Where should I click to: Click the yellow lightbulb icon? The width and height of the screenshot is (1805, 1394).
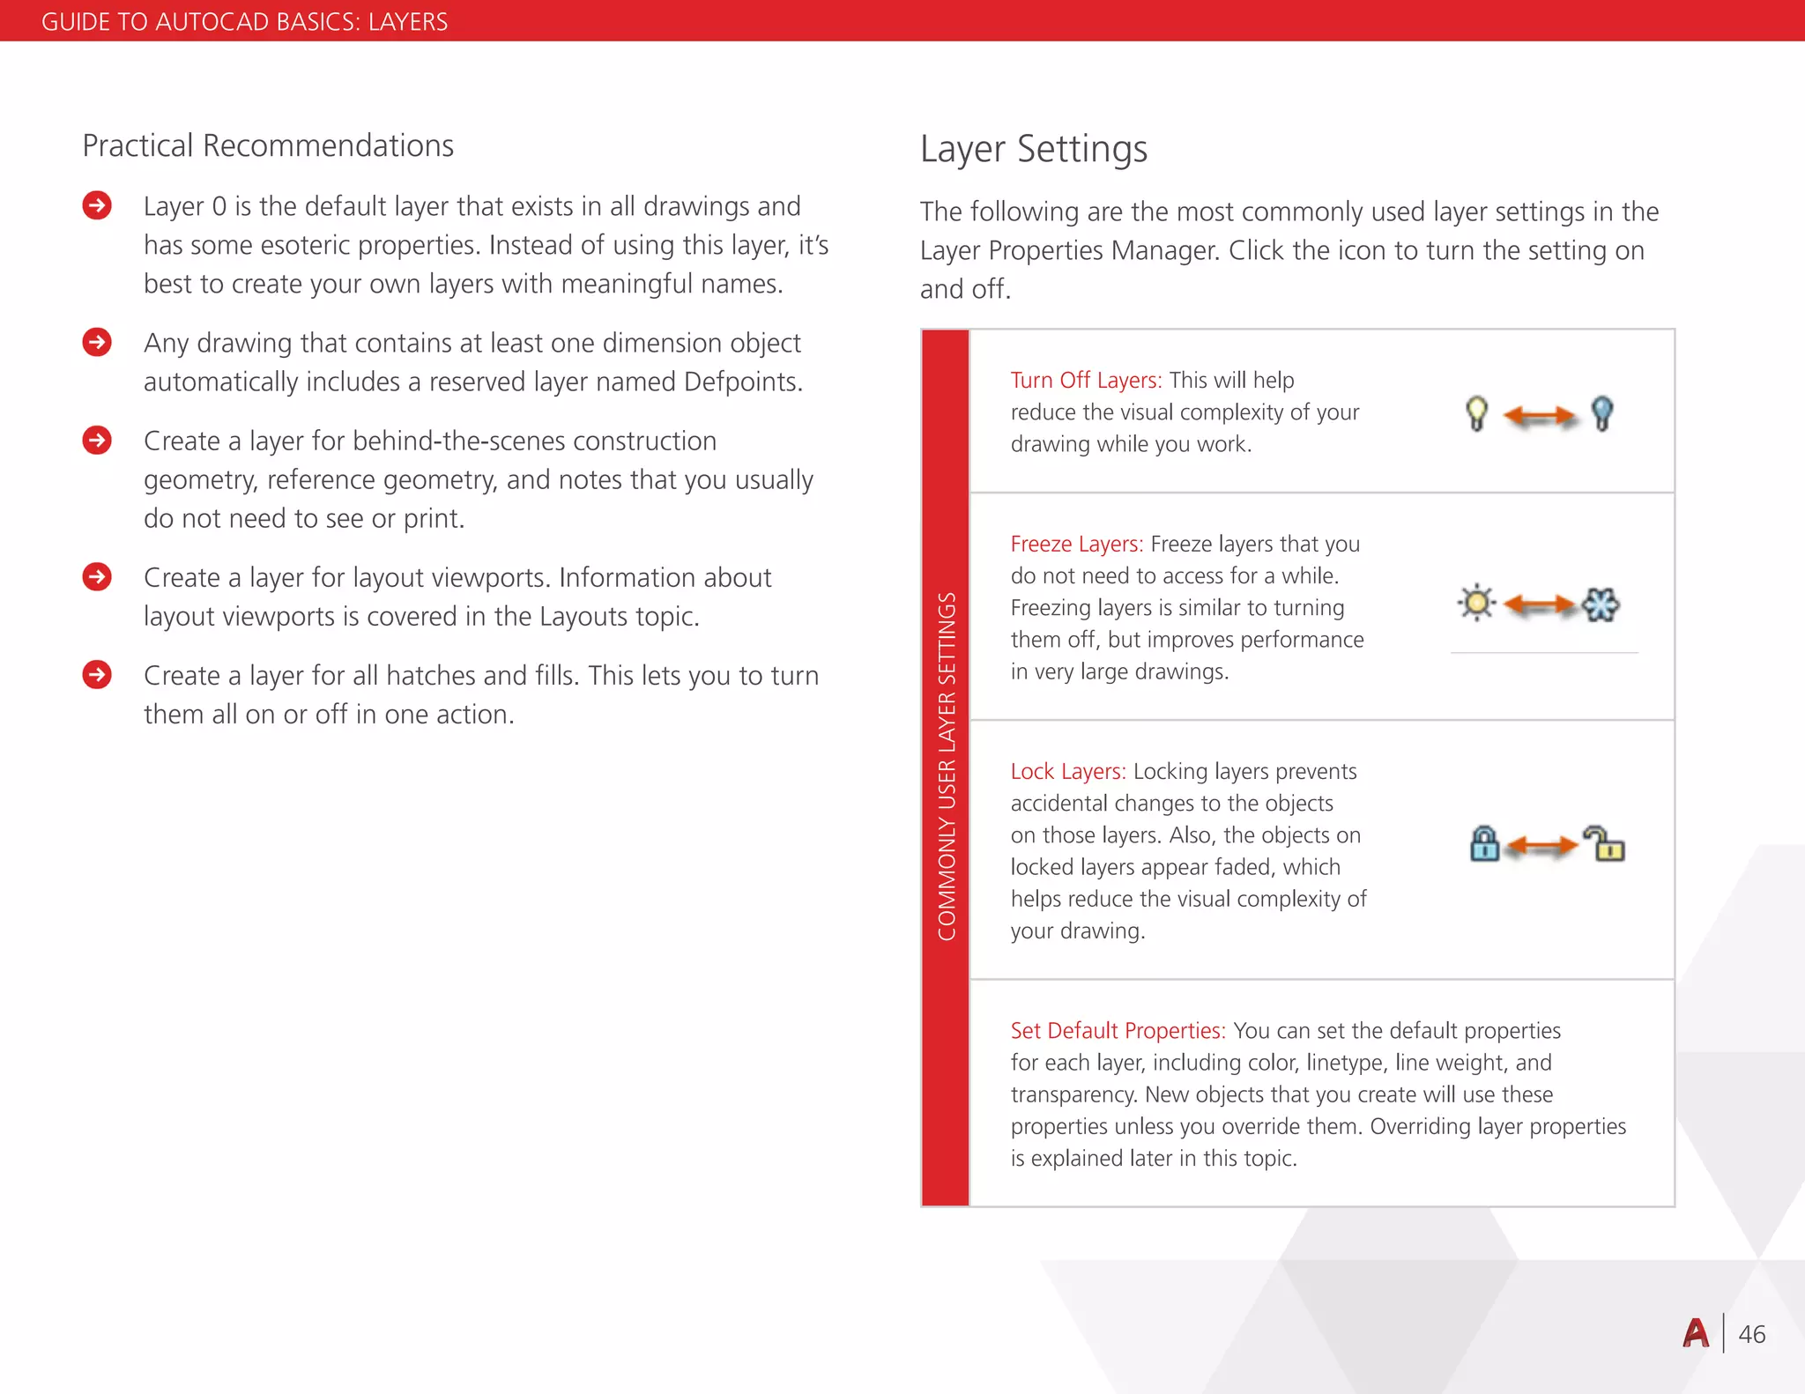coord(1477,413)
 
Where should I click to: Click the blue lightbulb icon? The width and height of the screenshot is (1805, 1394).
coord(1602,412)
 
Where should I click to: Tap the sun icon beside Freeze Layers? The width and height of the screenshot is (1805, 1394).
coord(1476,604)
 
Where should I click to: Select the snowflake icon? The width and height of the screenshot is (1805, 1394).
coord(1601,604)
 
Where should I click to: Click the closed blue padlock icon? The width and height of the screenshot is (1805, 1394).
coord(1484,843)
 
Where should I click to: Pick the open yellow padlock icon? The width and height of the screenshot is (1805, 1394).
coord(1604,843)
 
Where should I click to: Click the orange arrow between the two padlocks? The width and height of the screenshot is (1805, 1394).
coord(1542,847)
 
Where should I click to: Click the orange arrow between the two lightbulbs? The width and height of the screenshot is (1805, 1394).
coord(1539,415)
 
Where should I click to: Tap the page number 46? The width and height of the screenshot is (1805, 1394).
coord(1751,1334)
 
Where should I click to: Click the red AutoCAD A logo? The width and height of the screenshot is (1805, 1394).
coord(1696,1333)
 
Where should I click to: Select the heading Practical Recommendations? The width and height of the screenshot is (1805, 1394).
coord(268,145)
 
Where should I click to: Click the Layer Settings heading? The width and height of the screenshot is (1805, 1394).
coord(1033,149)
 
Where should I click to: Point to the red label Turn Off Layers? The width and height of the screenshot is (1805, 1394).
coord(1085,380)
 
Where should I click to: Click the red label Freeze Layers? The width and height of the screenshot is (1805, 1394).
coord(1076,544)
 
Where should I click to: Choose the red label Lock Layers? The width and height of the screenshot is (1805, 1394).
coord(1067,771)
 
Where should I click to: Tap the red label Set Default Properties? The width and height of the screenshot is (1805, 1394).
coord(1118,1030)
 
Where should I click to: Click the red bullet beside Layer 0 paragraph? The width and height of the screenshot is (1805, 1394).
coord(97,205)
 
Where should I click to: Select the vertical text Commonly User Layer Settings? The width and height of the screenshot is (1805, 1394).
coord(946,767)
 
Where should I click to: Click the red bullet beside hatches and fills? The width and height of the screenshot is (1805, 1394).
coord(97,675)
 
